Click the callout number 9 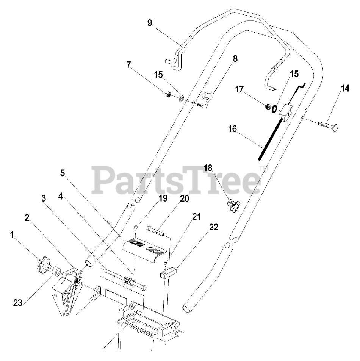150,23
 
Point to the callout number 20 185,199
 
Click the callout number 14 344,89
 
